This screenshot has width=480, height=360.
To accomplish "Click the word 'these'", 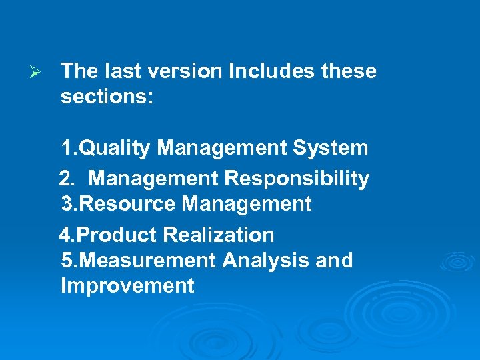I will [350, 71].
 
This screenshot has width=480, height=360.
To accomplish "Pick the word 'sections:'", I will [107, 97].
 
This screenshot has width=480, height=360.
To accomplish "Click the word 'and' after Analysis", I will [334, 260].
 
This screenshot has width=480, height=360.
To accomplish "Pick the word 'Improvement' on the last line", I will [127, 286].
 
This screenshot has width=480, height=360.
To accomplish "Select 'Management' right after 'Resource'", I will [247, 204].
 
